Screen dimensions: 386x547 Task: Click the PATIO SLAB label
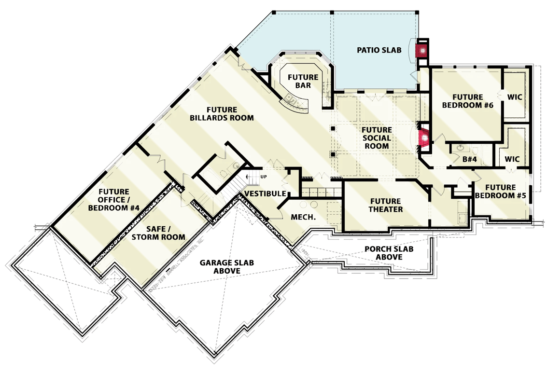pos(379,50)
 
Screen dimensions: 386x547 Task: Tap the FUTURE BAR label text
pos(303,81)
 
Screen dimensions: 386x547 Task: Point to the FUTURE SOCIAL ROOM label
pos(377,138)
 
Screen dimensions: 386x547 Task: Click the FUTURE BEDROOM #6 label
pos(467,101)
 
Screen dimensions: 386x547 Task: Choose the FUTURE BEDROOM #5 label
pos(501,192)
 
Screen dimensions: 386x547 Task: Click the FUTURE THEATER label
pos(385,205)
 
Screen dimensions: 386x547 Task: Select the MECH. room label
pos(303,217)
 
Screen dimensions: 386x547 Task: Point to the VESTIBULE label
pos(265,193)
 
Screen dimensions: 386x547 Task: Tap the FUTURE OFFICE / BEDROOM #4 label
pos(113,200)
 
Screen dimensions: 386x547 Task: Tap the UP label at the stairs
pos(264,177)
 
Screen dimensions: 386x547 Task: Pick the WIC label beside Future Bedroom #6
pos(515,97)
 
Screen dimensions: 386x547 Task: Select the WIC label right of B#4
pos(512,158)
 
